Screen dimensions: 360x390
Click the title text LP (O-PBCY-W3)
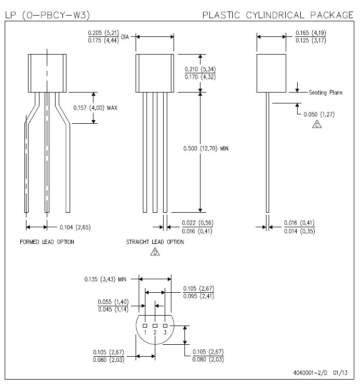(x=47, y=15)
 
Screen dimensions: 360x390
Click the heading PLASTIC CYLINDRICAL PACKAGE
(x=278, y=15)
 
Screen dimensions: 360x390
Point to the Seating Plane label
(x=326, y=92)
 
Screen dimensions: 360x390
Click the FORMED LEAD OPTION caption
(x=47, y=242)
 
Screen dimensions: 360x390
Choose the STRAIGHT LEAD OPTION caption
(x=155, y=242)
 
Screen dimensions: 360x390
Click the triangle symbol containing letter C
(x=317, y=124)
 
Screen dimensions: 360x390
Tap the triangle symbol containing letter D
(x=155, y=252)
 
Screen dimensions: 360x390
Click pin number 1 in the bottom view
(x=145, y=332)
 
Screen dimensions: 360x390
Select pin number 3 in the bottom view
(x=165, y=332)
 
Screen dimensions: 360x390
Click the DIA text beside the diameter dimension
(x=125, y=37)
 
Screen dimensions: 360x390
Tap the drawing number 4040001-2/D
(x=310, y=373)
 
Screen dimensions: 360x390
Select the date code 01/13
(x=340, y=373)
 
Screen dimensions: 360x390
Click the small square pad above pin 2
(x=155, y=326)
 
